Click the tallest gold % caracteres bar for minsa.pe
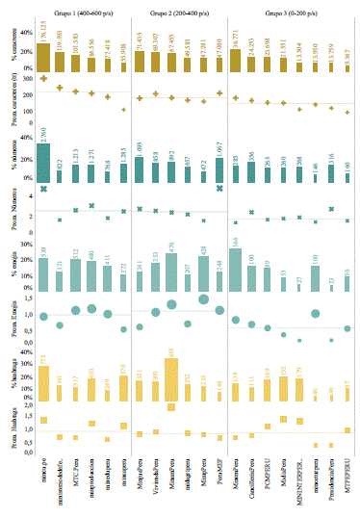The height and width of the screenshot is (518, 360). pos(43,45)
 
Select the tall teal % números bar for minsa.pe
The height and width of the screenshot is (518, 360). pos(43,163)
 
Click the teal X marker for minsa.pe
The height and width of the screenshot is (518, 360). pos(43,190)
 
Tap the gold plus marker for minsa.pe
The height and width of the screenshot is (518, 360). pos(43,78)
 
